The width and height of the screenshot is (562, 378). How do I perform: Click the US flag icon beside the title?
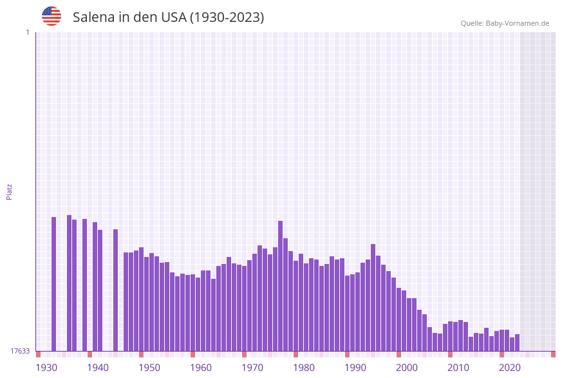52,16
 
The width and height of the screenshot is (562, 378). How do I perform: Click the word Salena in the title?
93,17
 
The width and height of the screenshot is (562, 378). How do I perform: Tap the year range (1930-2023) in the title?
227,17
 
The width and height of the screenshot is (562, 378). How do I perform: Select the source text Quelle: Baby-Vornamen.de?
505,23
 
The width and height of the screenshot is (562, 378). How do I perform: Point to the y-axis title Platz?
9,191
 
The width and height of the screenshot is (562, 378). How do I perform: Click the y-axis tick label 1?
27,32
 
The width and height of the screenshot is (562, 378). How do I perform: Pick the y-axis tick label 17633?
20,351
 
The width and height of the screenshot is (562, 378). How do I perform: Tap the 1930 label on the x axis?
46,368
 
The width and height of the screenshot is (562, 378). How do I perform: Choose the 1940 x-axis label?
98,368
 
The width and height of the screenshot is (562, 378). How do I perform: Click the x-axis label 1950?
149,368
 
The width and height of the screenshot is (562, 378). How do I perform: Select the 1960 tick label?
201,368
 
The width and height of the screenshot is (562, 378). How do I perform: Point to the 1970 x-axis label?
252,368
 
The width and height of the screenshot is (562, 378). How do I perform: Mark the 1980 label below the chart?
304,368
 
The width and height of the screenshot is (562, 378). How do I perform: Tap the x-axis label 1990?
355,368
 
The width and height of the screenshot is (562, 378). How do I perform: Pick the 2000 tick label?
407,368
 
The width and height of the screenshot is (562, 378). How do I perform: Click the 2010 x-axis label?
458,368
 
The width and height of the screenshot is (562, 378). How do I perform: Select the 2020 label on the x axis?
510,368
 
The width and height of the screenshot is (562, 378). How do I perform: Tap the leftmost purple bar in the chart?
54,284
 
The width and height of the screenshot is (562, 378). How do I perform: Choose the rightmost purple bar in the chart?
518,343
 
